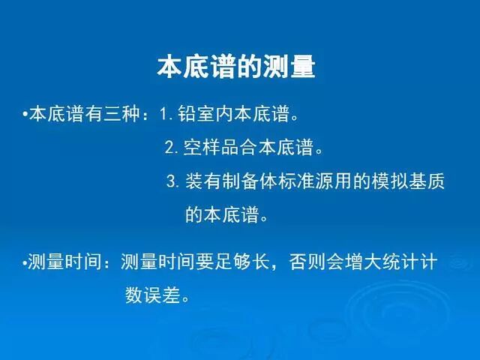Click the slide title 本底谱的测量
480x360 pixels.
(235, 66)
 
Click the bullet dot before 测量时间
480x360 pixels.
(24, 262)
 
